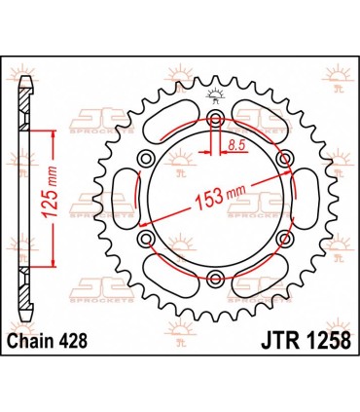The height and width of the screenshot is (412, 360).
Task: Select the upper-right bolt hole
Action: coord(284,159)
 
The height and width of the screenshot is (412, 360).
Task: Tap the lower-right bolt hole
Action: coord(284,239)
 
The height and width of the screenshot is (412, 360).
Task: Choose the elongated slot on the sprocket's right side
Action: coord(306,199)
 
